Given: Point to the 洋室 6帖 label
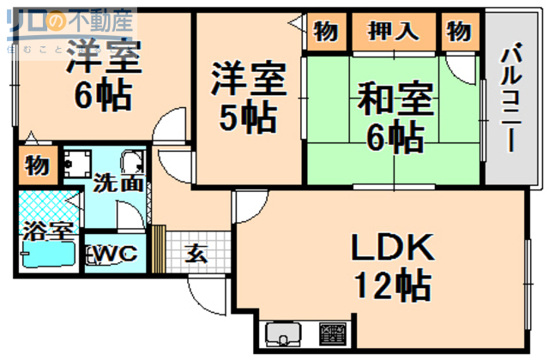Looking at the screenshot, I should (103, 73).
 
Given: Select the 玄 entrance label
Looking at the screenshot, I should (196, 254).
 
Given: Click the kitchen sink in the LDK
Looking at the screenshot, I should (282, 333).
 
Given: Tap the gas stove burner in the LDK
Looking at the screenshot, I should (333, 333).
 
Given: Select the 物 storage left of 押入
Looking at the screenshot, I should (325, 32).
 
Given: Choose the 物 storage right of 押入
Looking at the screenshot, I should (459, 32).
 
